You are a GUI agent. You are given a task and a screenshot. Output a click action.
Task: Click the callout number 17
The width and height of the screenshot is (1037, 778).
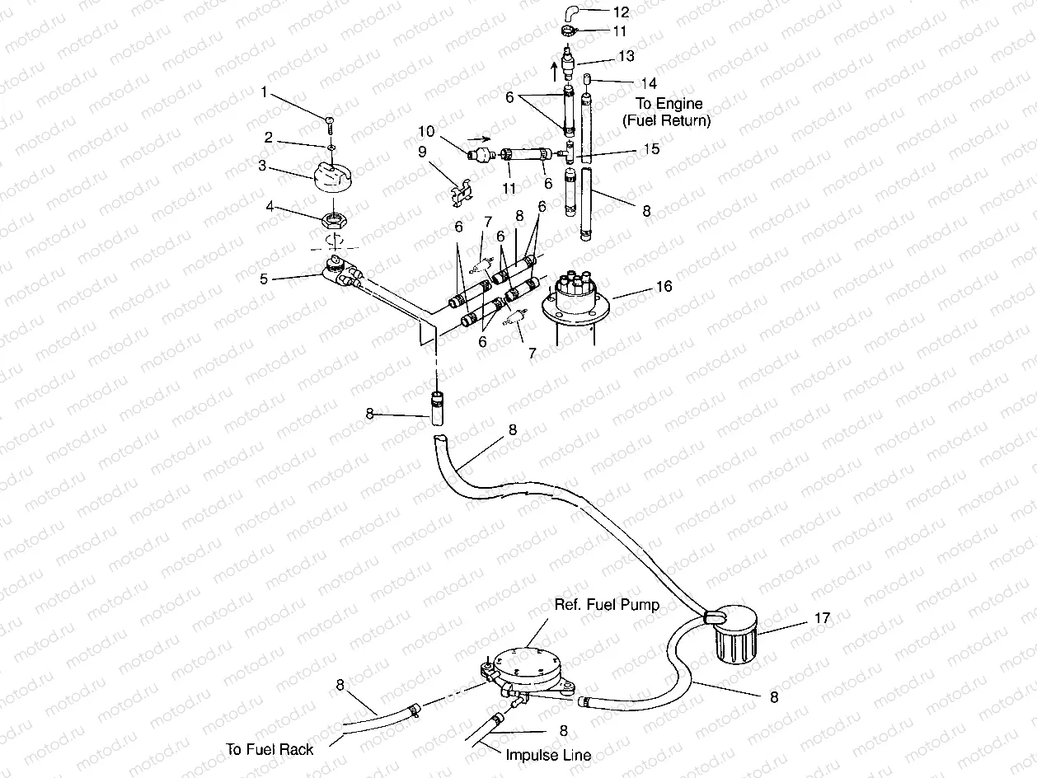(x=822, y=617)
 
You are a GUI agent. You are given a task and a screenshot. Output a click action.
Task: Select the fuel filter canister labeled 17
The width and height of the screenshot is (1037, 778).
(x=732, y=635)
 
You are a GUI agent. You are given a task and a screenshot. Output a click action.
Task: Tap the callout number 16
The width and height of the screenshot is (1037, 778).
(x=664, y=286)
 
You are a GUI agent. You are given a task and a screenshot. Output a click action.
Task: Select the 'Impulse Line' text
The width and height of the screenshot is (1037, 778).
(x=548, y=754)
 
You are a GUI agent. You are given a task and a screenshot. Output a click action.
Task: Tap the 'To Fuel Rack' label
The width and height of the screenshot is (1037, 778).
(x=270, y=749)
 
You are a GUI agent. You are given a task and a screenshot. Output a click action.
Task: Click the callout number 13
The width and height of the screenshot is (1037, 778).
(x=626, y=55)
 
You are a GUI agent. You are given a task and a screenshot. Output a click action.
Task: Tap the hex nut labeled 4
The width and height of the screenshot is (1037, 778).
(x=336, y=220)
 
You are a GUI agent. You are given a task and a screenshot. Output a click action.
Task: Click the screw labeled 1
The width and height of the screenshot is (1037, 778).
(x=329, y=124)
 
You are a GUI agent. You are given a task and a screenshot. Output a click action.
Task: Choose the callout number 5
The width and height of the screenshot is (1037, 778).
(x=265, y=278)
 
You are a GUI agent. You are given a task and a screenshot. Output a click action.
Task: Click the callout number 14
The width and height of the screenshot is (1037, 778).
(x=649, y=82)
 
